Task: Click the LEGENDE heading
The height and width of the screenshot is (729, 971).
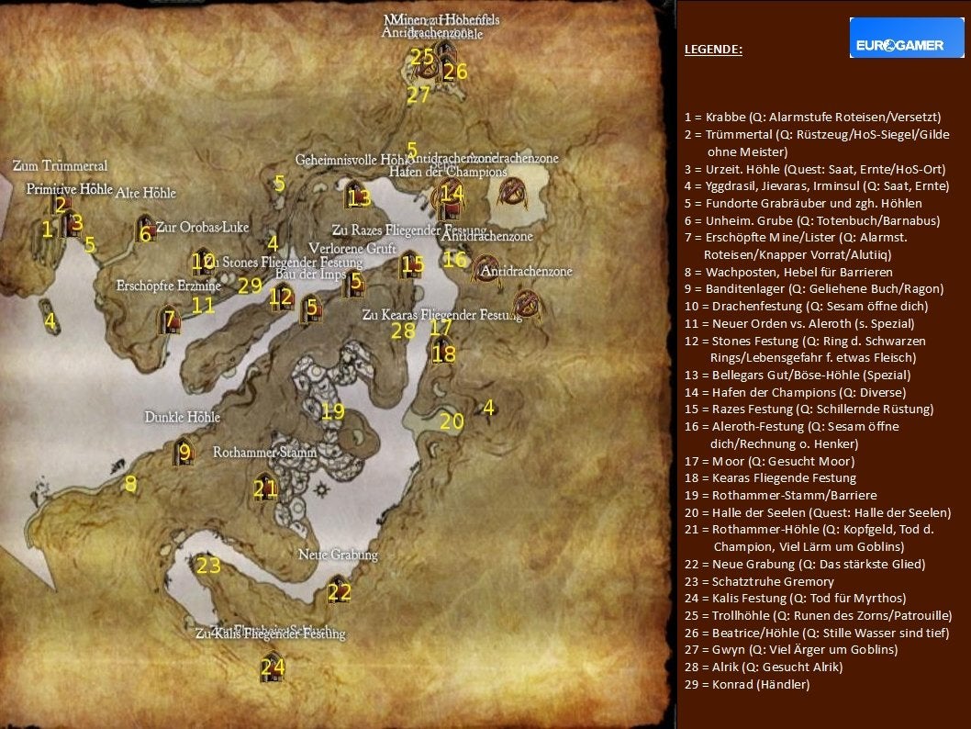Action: (713, 50)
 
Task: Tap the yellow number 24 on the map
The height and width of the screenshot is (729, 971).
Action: (273, 667)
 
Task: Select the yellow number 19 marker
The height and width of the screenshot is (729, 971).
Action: (332, 411)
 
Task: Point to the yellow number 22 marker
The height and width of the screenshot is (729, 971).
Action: (340, 593)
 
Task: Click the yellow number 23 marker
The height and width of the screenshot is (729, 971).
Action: (208, 566)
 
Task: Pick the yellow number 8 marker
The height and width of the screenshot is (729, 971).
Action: (130, 483)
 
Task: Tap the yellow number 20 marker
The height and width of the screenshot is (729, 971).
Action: (452, 421)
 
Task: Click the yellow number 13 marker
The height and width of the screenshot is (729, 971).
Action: (359, 197)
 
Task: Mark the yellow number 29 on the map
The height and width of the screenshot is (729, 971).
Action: (250, 286)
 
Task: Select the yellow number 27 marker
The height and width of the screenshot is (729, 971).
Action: (419, 95)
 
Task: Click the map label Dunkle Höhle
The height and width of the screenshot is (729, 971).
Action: (182, 417)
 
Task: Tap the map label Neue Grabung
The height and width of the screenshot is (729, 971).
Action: (338, 555)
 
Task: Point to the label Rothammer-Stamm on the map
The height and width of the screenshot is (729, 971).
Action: (264, 453)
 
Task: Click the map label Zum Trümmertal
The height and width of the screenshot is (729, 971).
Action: (60, 166)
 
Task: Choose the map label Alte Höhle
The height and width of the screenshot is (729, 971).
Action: (145, 193)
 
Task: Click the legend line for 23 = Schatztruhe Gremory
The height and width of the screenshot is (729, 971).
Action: (759, 581)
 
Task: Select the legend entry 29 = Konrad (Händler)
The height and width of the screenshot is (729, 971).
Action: (747, 684)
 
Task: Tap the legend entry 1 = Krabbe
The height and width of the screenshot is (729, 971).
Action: (812, 118)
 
